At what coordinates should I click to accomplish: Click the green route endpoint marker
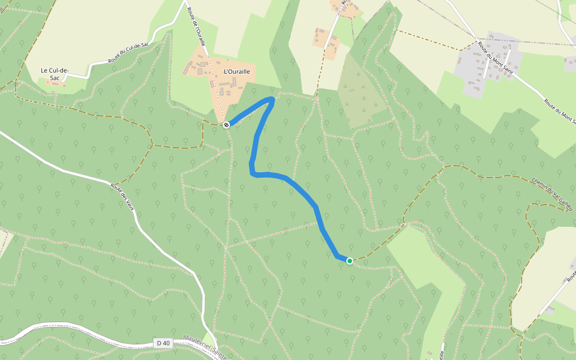coord(350,261)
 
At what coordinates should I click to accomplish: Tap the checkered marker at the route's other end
coord(226,125)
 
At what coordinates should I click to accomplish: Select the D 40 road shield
coord(162,343)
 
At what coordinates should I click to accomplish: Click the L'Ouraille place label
coord(236,71)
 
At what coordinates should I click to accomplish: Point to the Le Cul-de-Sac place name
coord(55,74)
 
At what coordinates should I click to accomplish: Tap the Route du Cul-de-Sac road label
coord(128,53)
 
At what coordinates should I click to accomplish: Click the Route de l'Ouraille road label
coord(197,26)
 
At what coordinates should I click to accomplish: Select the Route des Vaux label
coord(121,196)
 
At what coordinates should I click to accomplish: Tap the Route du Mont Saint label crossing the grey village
coord(495,59)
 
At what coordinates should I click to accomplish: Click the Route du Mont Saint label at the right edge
coord(559,112)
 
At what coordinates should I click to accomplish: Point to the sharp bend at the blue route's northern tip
coord(274,98)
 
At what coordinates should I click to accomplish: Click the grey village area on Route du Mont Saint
coord(474,66)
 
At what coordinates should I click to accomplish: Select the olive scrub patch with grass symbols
coord(361,96)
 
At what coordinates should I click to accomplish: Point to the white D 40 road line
coord(90,333)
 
